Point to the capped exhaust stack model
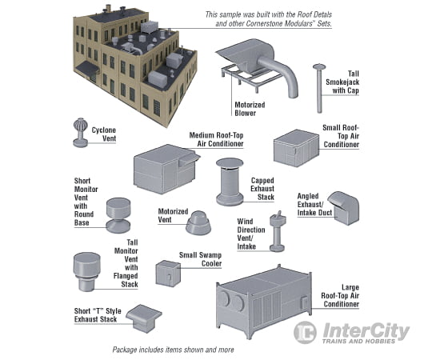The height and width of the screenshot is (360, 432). (229, 182)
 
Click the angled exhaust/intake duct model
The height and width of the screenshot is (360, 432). (342, 207)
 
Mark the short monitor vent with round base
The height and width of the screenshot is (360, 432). (122, 210)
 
